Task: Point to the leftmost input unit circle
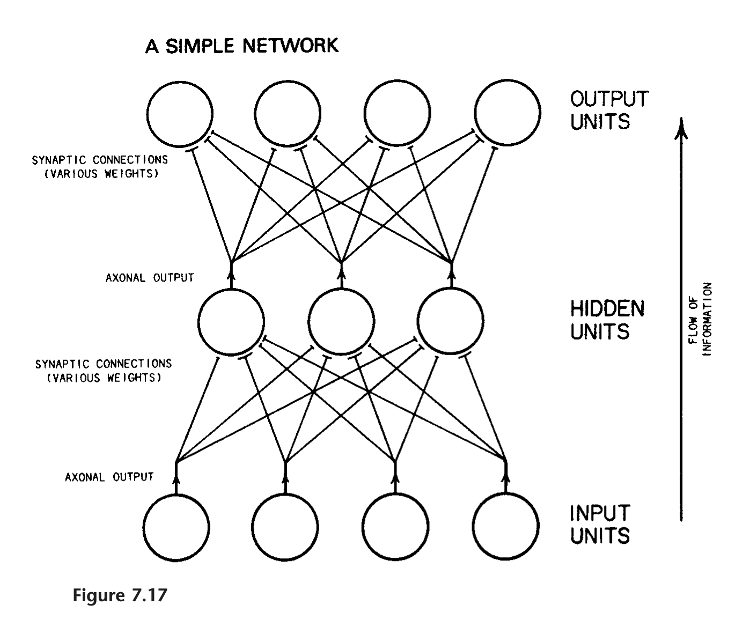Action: pos(176,526)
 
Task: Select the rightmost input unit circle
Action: pos(506,526)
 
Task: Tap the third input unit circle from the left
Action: pos(395,526)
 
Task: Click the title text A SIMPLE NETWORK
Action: pos(242,46)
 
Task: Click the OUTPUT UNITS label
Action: pos(609,111)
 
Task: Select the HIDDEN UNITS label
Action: pos(607,320)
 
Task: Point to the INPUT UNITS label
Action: pos(600,524)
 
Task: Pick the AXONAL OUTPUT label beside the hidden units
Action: pos(149,278)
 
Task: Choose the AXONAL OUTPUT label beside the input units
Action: pos(109,477)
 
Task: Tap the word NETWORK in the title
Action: pos(291,46)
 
